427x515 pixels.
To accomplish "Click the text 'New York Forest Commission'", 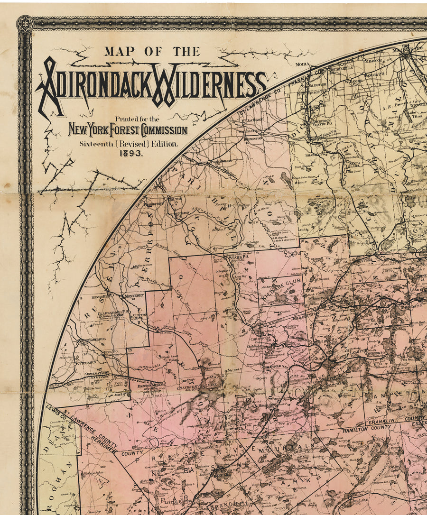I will coord(128,130).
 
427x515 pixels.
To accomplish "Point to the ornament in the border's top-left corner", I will coord(25,24).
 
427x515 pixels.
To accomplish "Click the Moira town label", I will coord(302,64).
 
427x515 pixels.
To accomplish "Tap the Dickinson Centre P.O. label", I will coord(324,122).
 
